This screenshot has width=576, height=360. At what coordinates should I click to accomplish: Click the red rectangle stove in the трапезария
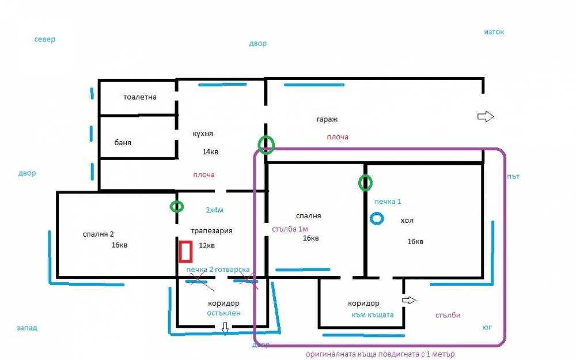[179, 251]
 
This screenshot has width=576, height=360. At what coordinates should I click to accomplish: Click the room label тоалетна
[139, 97]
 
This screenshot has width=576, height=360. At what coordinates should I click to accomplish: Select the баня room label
[123, 142]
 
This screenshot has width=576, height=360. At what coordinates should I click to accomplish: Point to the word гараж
[327, 119]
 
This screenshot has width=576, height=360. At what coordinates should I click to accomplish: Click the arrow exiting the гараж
[486, 116]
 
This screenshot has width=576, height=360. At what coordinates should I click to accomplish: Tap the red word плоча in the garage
[338, 137]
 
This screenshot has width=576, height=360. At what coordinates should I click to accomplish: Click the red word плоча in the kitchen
[204, 175]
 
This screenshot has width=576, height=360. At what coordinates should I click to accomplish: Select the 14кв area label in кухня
[210, 151]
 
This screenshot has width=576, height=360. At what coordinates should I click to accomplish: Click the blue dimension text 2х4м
[214, 210]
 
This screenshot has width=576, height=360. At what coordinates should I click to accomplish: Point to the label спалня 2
[98, 234]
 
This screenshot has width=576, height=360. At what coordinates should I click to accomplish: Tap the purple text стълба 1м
[290, 229]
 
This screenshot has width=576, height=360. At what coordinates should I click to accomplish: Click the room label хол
[407, 221]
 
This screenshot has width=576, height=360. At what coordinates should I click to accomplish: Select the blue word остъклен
[223, 313]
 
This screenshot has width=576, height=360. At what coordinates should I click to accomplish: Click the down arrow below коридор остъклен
[225, 328]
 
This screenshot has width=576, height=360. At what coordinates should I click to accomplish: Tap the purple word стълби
[448, 315]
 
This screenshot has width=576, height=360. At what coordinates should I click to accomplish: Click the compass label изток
[494, 32]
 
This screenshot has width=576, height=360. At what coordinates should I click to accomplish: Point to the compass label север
[45, 39]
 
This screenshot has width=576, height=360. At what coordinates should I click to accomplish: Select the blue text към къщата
[373, 315]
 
